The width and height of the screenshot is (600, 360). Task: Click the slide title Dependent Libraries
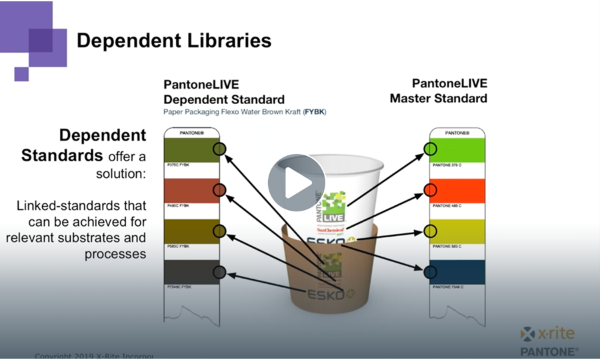(174, 41)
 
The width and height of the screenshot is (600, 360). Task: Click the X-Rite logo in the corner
(547, 333)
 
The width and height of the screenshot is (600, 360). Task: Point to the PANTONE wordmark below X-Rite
(549, 350)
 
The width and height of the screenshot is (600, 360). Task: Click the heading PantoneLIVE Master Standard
(449, 91)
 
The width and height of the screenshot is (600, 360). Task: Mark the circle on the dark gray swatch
(219, 272)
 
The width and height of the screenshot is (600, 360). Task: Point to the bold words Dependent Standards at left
(84, 145)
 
